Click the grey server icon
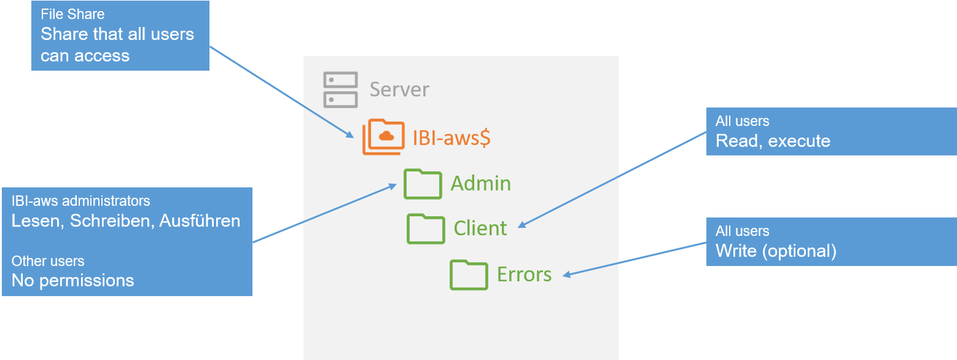coord(340,89)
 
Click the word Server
coord(399,90)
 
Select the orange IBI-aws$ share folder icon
coord(383,136)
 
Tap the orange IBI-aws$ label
coord(451,138)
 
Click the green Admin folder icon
coord(423,183)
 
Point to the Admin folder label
coord(480,184)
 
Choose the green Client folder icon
coord(426,229)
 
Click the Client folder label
coord(480,229)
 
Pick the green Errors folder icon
coord(469,275)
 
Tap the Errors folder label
coord(524,275)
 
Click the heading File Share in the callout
coord(72,14)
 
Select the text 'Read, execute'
coord(773,141)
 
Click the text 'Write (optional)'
coord(776,251)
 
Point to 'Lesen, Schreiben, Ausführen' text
coord(126,221)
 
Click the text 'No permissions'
coord(72,281)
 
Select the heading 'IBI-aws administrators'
coord(80,201)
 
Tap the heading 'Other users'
coord(48,261)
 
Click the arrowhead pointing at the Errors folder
coord(566,276)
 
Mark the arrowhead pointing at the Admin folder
coord(394,185)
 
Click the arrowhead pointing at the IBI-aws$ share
coord(350,135)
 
